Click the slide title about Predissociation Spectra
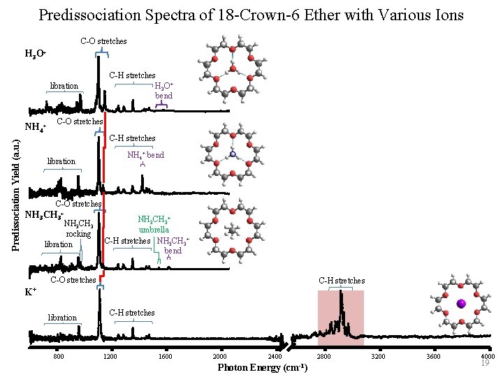[x=251, y=15]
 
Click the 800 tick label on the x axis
[x=59, y=357]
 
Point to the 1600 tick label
[x=166, y=357]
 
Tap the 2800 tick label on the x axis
[x=323, y=357]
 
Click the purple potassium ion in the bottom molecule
[x=460, y=304]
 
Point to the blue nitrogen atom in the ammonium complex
[x=234, y=153]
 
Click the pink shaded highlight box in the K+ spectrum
[x=341, y=318]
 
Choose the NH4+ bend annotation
[x=145, y=155]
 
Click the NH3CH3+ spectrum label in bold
[x=44, y=214]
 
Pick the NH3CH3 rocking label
[x=78, y=229]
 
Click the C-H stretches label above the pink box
[x=342, y=281]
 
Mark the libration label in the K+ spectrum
[x=62, y=318]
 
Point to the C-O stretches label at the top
[x=103, y=41]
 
